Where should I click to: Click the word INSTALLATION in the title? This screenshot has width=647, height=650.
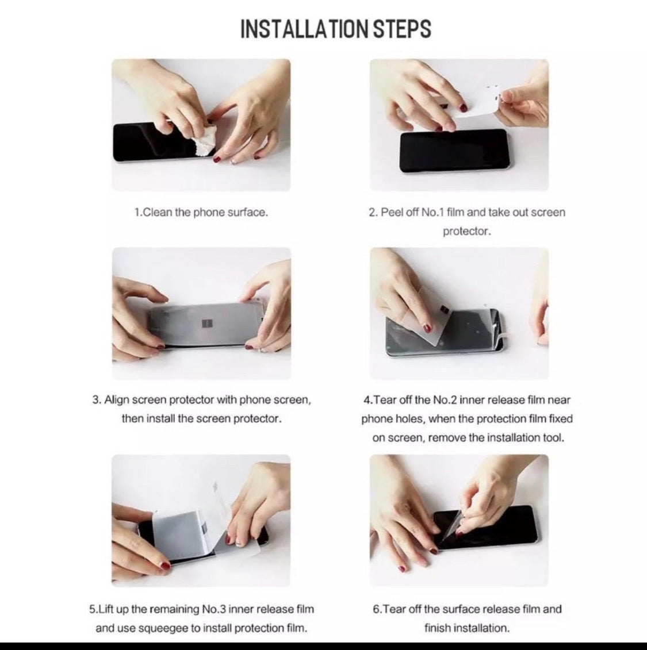(x=305, y=29)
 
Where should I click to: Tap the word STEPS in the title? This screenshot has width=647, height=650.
(x=403, y=29)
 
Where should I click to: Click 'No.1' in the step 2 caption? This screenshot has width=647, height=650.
(x=432, y=212)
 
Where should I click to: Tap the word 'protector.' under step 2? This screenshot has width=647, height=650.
(x=466, y=231)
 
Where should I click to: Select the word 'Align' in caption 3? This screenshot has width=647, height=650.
(x=117, y=400)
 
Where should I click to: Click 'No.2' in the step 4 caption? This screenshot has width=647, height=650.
(x=446, y=400)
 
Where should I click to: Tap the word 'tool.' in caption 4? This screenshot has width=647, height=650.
(x=553, y=438)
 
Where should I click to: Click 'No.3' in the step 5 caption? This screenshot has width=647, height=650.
(x=214, y=609)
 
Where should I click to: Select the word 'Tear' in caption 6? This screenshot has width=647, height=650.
(x=396, y=609)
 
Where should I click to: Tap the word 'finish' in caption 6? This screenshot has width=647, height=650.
(x=440, y=628)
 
